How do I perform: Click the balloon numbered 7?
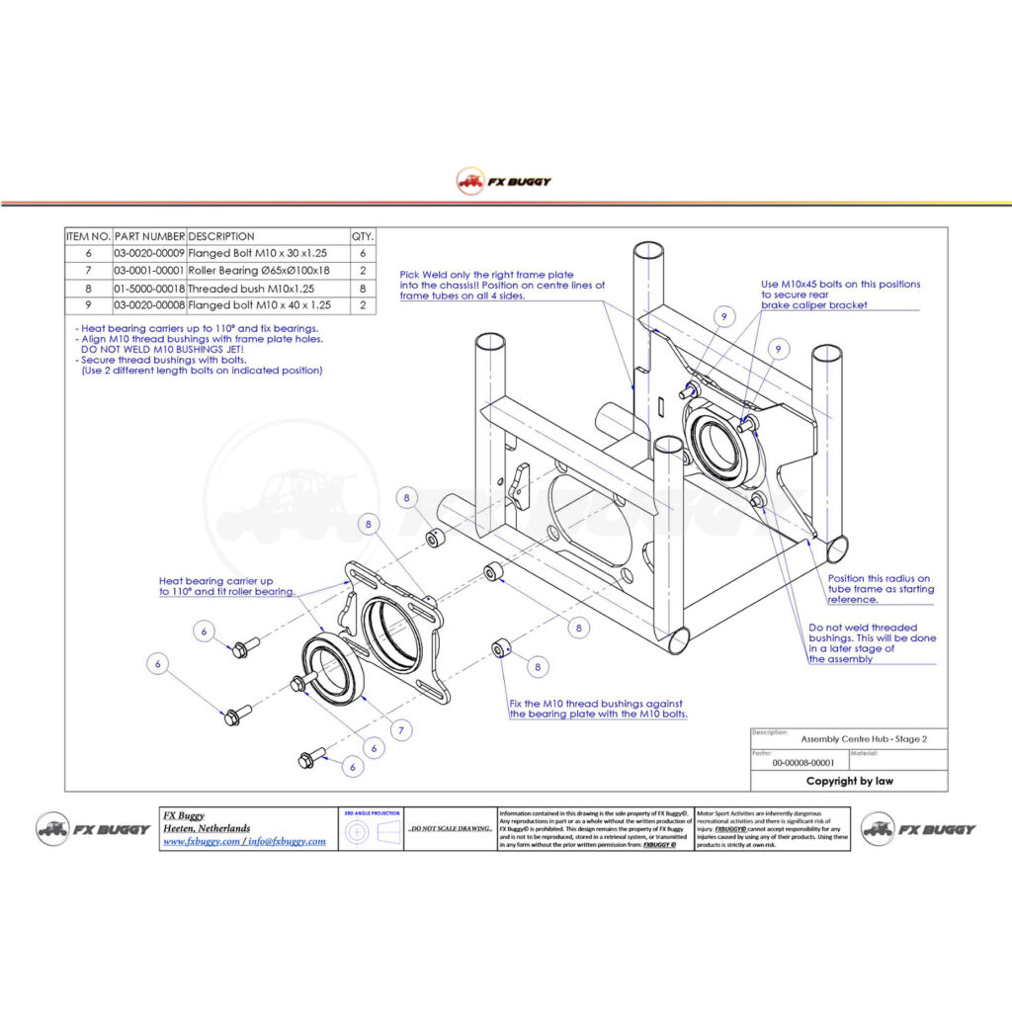click(402, 731)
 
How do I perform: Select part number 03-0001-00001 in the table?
click(149, 270)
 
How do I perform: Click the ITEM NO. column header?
click(88, 236)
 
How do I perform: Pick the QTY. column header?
click(363, 236)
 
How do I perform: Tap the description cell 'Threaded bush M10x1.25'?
click(251, 288)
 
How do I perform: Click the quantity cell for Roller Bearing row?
click(363, 270)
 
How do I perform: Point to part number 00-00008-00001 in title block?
click(802, 762)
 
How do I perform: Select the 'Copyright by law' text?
click(849, 781)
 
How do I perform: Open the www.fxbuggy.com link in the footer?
click(201, 841)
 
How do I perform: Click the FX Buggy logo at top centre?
click(505, 181)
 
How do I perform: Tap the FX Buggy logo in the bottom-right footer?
click(918, 829)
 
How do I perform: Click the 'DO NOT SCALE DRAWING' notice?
click(451, 829)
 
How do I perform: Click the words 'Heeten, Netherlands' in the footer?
click(207, 828)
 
